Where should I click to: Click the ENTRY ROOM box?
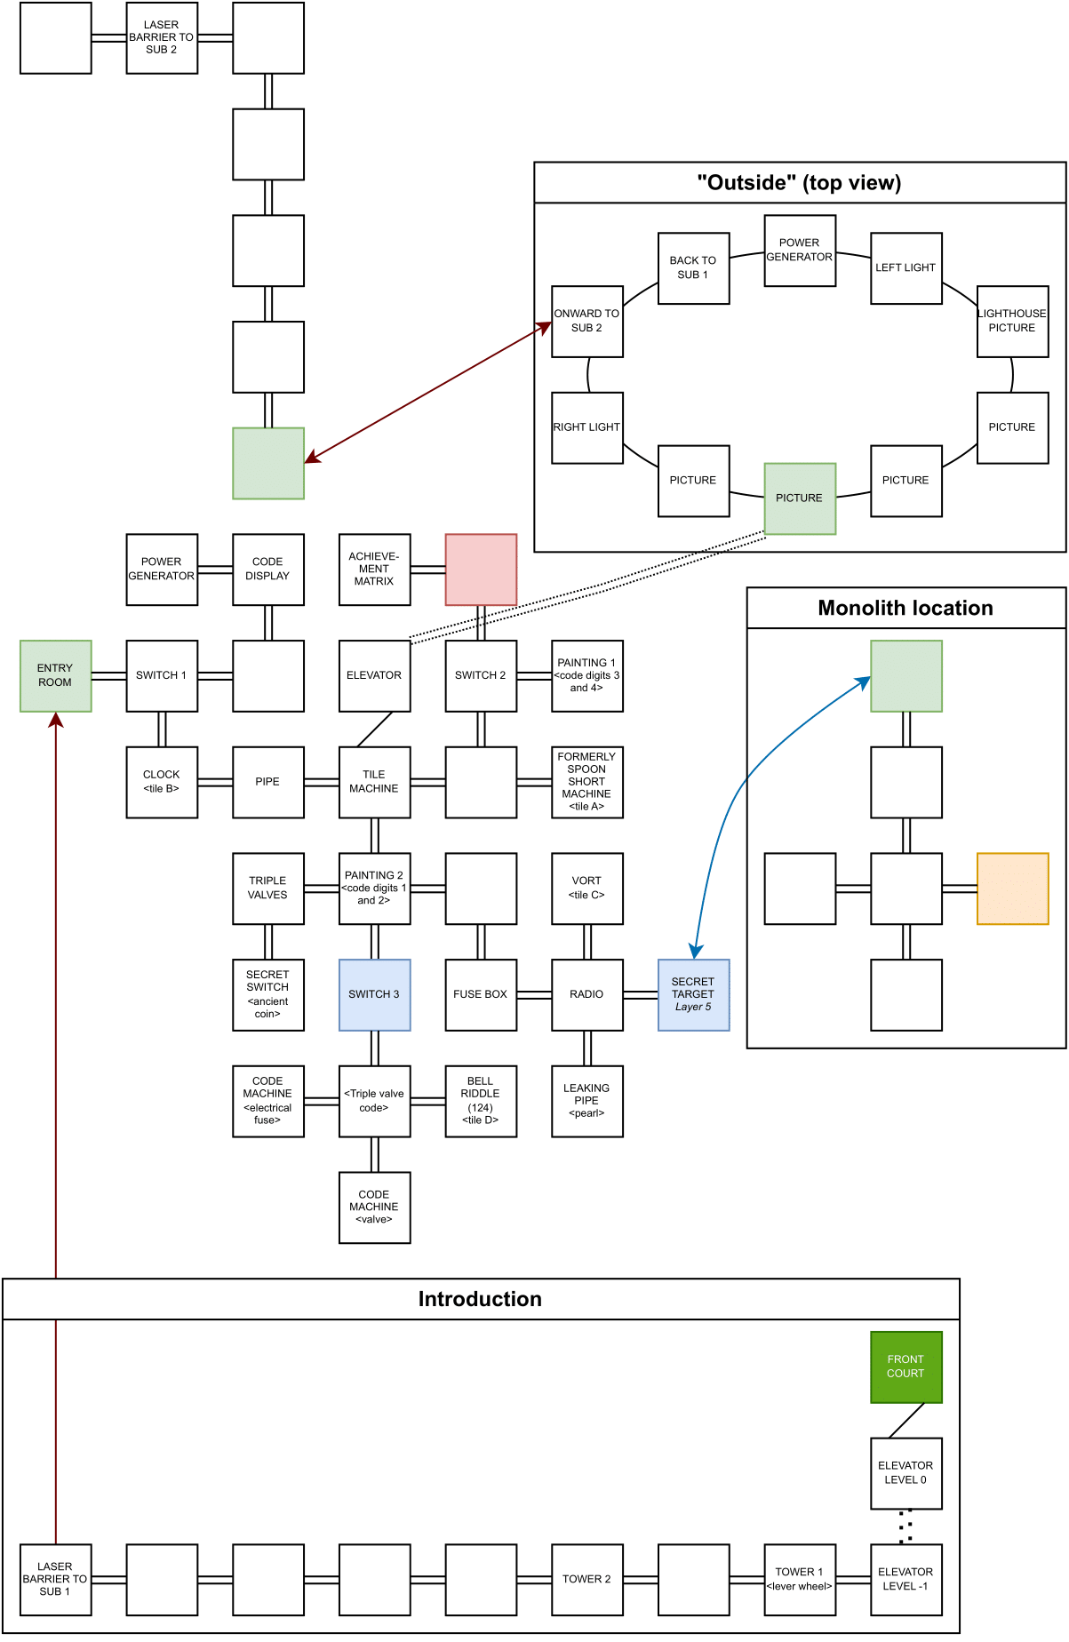coord(55,675)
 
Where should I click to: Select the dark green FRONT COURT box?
coord(905,1367)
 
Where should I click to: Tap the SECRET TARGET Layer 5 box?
coord(693,994)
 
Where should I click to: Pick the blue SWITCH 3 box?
coord(374,994)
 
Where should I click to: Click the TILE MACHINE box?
coord(374,782)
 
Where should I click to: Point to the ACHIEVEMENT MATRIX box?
coord(374,570)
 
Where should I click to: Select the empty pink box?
coord(481,570)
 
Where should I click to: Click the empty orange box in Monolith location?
coord(1012,889)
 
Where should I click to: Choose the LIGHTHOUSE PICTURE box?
coord(1012,321)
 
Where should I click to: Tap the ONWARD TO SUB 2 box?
coord(586,321)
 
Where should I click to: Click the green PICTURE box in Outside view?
coord(800,498)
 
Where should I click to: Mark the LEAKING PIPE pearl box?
coord(586,1101)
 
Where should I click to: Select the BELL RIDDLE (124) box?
coord(481,1101)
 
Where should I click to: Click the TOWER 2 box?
coord(586,1579)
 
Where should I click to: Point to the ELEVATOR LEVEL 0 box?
coord(905,1472)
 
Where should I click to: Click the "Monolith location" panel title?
coord(905,608)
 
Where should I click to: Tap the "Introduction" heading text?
coord(480,1299)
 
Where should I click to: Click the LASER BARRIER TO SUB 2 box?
coord(162,37)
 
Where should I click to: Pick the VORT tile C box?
coord(586,889)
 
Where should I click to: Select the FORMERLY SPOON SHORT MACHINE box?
coord(586,782)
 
